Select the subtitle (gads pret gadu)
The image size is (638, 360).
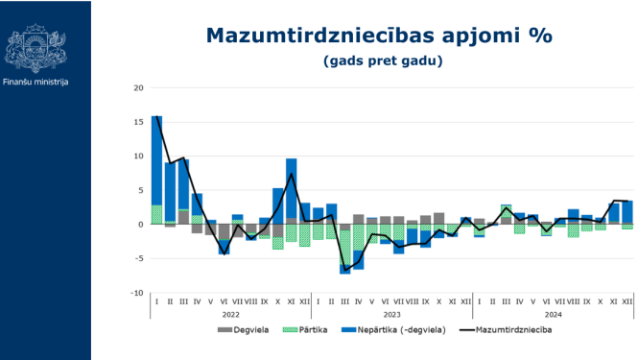(x=383, y=60)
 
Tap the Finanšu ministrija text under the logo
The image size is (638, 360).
(x=35, y=82)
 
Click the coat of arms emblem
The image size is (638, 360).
(x=35, y=43)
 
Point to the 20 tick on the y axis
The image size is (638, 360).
(x=139, y=88)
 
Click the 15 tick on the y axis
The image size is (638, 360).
(x=139, y=122)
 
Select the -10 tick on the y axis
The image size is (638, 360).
(x=137, y=293)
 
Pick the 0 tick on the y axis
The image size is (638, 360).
(x=141, y=225)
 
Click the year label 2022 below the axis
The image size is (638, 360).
(x=231, y=314)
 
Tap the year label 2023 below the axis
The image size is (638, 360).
(x=392, y=314)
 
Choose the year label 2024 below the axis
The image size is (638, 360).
(x=554, y=314)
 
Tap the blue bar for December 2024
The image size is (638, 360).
(x=628, y=212)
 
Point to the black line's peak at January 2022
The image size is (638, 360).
(x=157, y=117)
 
